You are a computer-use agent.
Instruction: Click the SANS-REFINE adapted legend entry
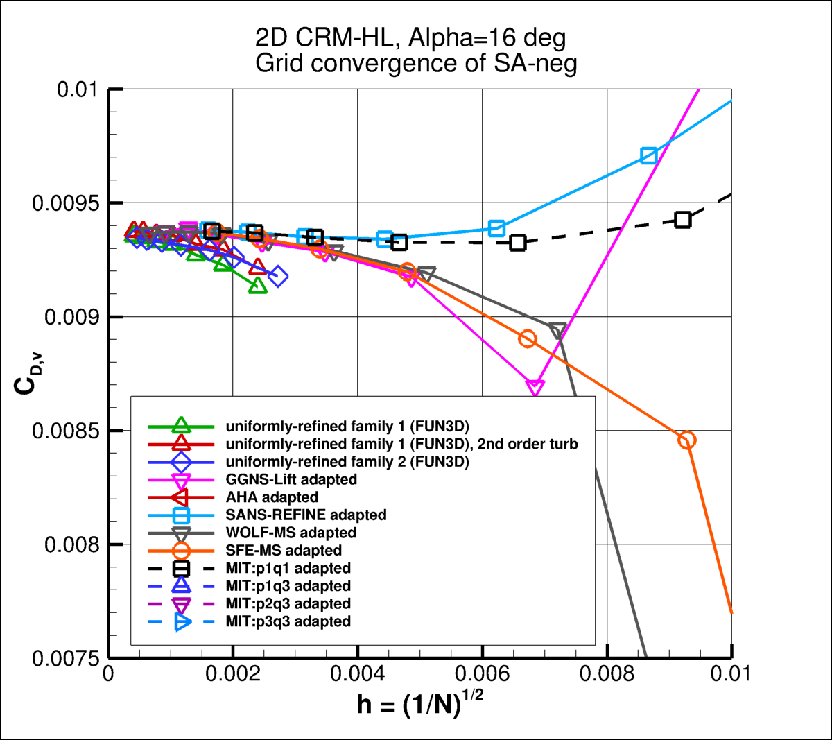306,515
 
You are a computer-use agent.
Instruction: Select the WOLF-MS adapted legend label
291,533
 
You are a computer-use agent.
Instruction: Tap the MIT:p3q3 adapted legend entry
288,621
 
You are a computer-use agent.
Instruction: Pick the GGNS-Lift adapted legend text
291,479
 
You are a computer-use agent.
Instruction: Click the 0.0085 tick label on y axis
66,431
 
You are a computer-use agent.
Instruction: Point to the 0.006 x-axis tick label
483,674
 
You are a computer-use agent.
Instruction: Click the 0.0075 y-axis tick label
66,658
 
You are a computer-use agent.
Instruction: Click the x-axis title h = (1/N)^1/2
420,704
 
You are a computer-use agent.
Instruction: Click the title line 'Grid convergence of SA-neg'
416,63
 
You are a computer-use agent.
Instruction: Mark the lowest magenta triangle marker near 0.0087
535,388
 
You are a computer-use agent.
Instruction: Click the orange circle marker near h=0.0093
686,440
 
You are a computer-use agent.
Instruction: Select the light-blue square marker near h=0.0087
649,155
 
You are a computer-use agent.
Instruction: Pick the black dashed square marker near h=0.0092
683,220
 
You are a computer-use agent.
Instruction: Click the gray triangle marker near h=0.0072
557,330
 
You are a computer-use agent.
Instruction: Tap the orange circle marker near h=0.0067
528,339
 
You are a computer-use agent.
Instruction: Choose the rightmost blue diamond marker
278,276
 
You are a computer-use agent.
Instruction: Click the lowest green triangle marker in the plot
257,285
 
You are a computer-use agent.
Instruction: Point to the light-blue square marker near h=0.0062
496,228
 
